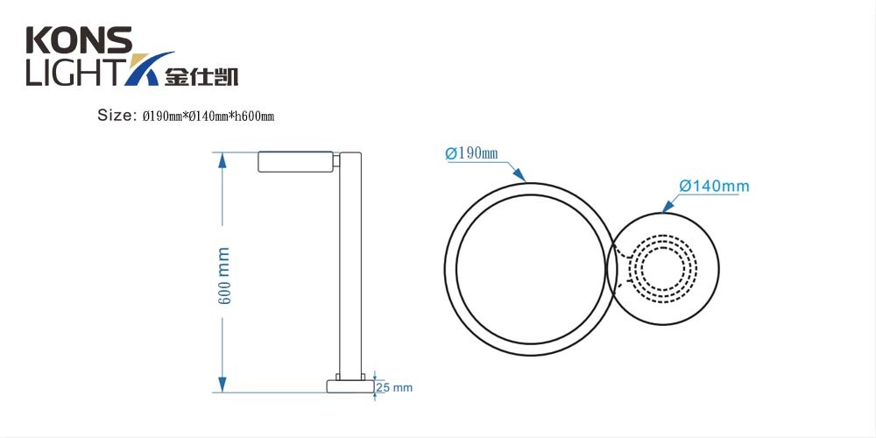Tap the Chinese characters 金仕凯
coord(201,76)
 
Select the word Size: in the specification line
coord(117,116)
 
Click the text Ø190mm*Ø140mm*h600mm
coord(208,117)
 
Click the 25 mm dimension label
coord(394,386)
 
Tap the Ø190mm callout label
coord(471,154)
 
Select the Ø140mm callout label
coord(714,186)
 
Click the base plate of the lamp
coord(350,386)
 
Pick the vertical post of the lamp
coord(350,263)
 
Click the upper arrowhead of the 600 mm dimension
coord(223,159)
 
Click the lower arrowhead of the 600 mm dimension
coord(223,385)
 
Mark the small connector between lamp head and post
coord(336,161)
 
